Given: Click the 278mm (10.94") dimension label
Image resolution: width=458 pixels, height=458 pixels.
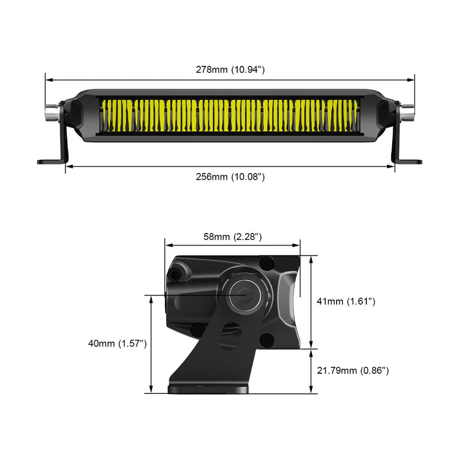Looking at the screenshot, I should click(x=230, y=70).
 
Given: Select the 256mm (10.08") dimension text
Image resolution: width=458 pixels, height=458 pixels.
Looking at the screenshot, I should click(x=230, y=177).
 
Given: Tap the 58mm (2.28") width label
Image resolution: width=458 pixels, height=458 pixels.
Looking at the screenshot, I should click(x=233, y=236).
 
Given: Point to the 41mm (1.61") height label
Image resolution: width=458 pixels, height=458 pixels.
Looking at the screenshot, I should click(x=346, y=301).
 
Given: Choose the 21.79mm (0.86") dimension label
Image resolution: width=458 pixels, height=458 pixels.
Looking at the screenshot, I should click(x=353, y=371).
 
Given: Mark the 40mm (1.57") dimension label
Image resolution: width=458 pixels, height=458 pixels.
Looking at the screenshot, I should click(x=119, y=343).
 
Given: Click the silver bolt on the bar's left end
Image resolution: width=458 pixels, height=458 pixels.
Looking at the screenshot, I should click(x=52, y=112).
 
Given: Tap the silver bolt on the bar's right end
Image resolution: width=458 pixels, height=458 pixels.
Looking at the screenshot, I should click(x=407, y=112).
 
